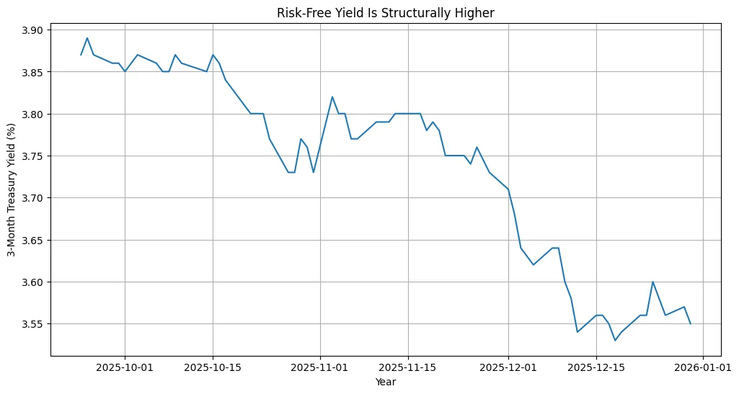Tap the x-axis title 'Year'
tap(385, 382)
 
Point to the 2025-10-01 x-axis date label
tap(125, 367)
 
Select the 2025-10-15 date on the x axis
tap(213, 367)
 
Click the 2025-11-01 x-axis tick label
tap(320, 367)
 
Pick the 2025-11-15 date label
tap(408, 367)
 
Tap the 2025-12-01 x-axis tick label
tap(508, 367)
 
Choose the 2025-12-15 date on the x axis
tap(596, 367)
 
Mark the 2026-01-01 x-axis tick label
tap(703, 367)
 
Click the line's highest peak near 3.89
tap(87, 38)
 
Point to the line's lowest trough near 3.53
tap(615, 340)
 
